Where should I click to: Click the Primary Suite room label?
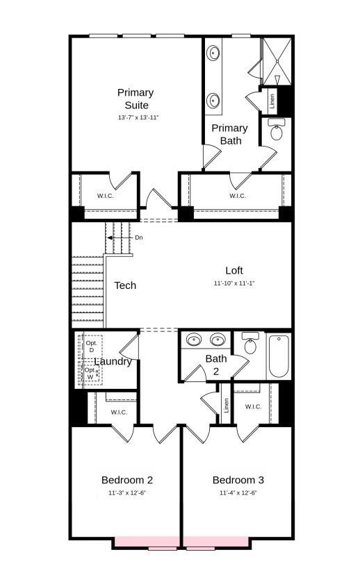136,99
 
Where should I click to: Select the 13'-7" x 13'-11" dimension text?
138,118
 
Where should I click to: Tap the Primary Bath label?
229,134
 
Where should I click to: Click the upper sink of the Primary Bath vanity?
213,53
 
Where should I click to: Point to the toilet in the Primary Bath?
277,131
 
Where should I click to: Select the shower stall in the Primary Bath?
276,61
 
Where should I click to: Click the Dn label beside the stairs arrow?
139,237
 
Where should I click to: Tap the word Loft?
234,271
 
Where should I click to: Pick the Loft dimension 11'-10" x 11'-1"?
234,283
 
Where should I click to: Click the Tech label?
125,285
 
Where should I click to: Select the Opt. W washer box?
90,373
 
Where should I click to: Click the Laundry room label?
113,362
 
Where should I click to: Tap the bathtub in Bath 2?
278,356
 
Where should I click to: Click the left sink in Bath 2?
195,340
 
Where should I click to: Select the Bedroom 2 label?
127,480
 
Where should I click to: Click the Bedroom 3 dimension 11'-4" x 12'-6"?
238,493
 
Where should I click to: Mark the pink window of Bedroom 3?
215,542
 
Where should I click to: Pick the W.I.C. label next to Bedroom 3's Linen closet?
253,407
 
